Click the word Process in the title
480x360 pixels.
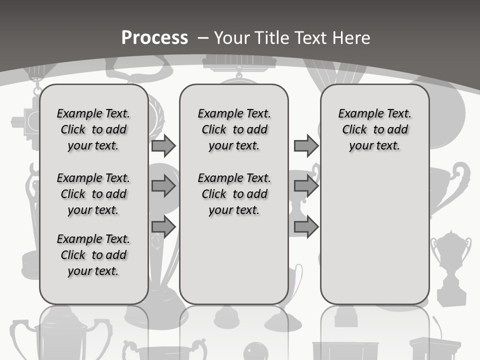click(x=154, y=38)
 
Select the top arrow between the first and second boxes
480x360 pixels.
click(x=163, y=146)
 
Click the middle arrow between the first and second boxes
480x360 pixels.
click(x=163, y=186)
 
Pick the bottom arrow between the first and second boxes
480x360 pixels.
click(x=163, y=227)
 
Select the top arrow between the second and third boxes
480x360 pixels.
click(x=306, y=146)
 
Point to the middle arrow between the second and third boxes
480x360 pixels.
click(x=306, y=186)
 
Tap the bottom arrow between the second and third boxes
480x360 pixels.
click(x=306, y=227)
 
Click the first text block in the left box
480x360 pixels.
click(x=93, y=129)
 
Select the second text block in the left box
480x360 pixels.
click(x=93, y=194)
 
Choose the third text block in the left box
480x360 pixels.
click(x=93, y=255)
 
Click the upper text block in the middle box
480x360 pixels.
click(x=234, y=129)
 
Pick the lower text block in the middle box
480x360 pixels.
click(x=234, y=194)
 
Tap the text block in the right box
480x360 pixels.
click(x=375, y=129)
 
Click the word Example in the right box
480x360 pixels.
click(x=358, y=114)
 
